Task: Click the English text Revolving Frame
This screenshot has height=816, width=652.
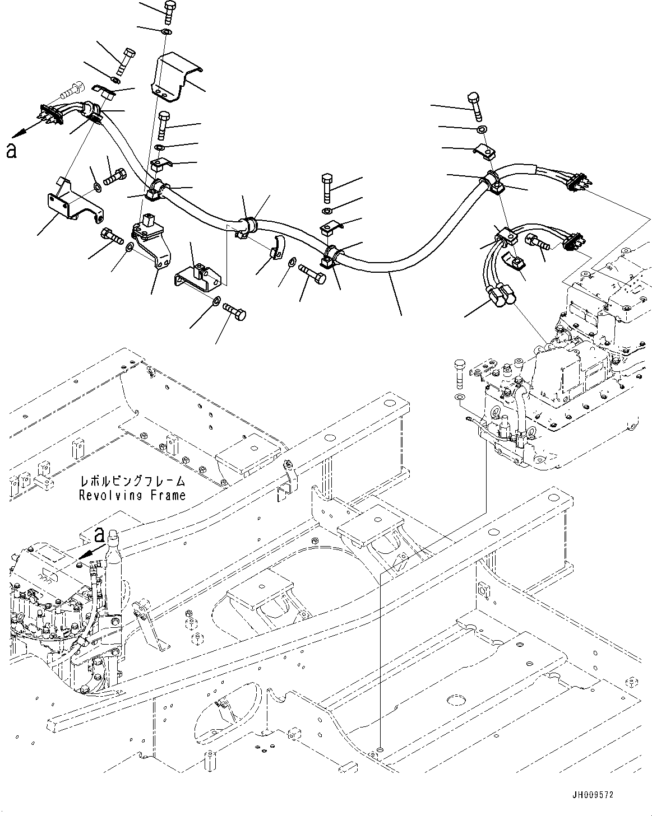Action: tap(132, 495)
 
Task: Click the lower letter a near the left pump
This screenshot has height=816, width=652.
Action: tap(99, 535)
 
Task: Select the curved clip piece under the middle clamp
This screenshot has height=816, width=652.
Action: tap(276, 249)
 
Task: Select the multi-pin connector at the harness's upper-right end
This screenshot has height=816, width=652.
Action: tap(576, 183)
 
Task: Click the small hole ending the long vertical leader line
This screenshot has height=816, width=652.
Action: tap(381, 748)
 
